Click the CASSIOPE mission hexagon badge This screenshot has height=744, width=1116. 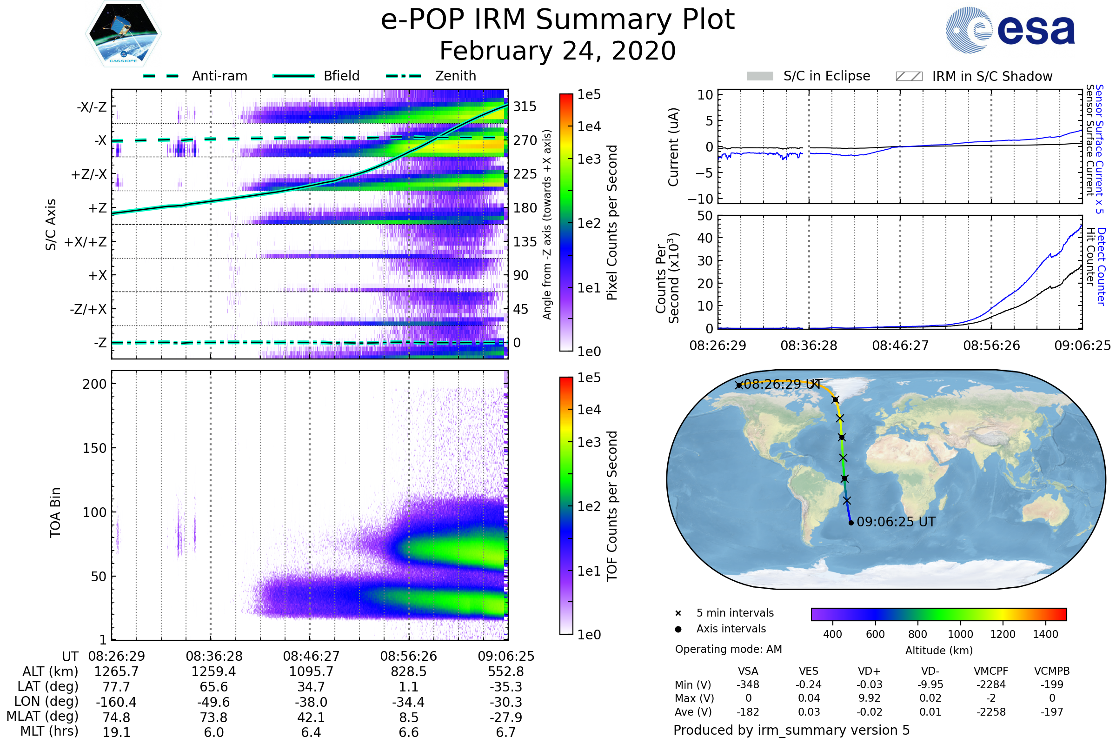123,33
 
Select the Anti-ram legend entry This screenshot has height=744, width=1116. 195,76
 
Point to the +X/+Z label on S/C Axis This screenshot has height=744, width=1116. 86,242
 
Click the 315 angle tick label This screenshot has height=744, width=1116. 525,106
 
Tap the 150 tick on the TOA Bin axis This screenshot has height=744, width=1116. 94,448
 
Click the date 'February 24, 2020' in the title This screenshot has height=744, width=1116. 558,51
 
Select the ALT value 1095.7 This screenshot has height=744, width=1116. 311,672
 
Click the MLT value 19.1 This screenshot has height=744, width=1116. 116,732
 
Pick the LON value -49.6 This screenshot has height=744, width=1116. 213,702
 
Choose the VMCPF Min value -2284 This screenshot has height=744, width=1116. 991,684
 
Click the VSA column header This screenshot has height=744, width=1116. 748,671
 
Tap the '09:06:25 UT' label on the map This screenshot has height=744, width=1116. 896,522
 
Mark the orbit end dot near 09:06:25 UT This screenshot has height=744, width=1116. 851,523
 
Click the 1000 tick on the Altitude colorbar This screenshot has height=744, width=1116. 960,634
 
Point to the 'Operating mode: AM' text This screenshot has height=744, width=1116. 728,649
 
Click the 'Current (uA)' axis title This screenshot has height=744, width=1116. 673,147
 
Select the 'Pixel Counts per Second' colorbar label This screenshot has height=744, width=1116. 612,222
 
